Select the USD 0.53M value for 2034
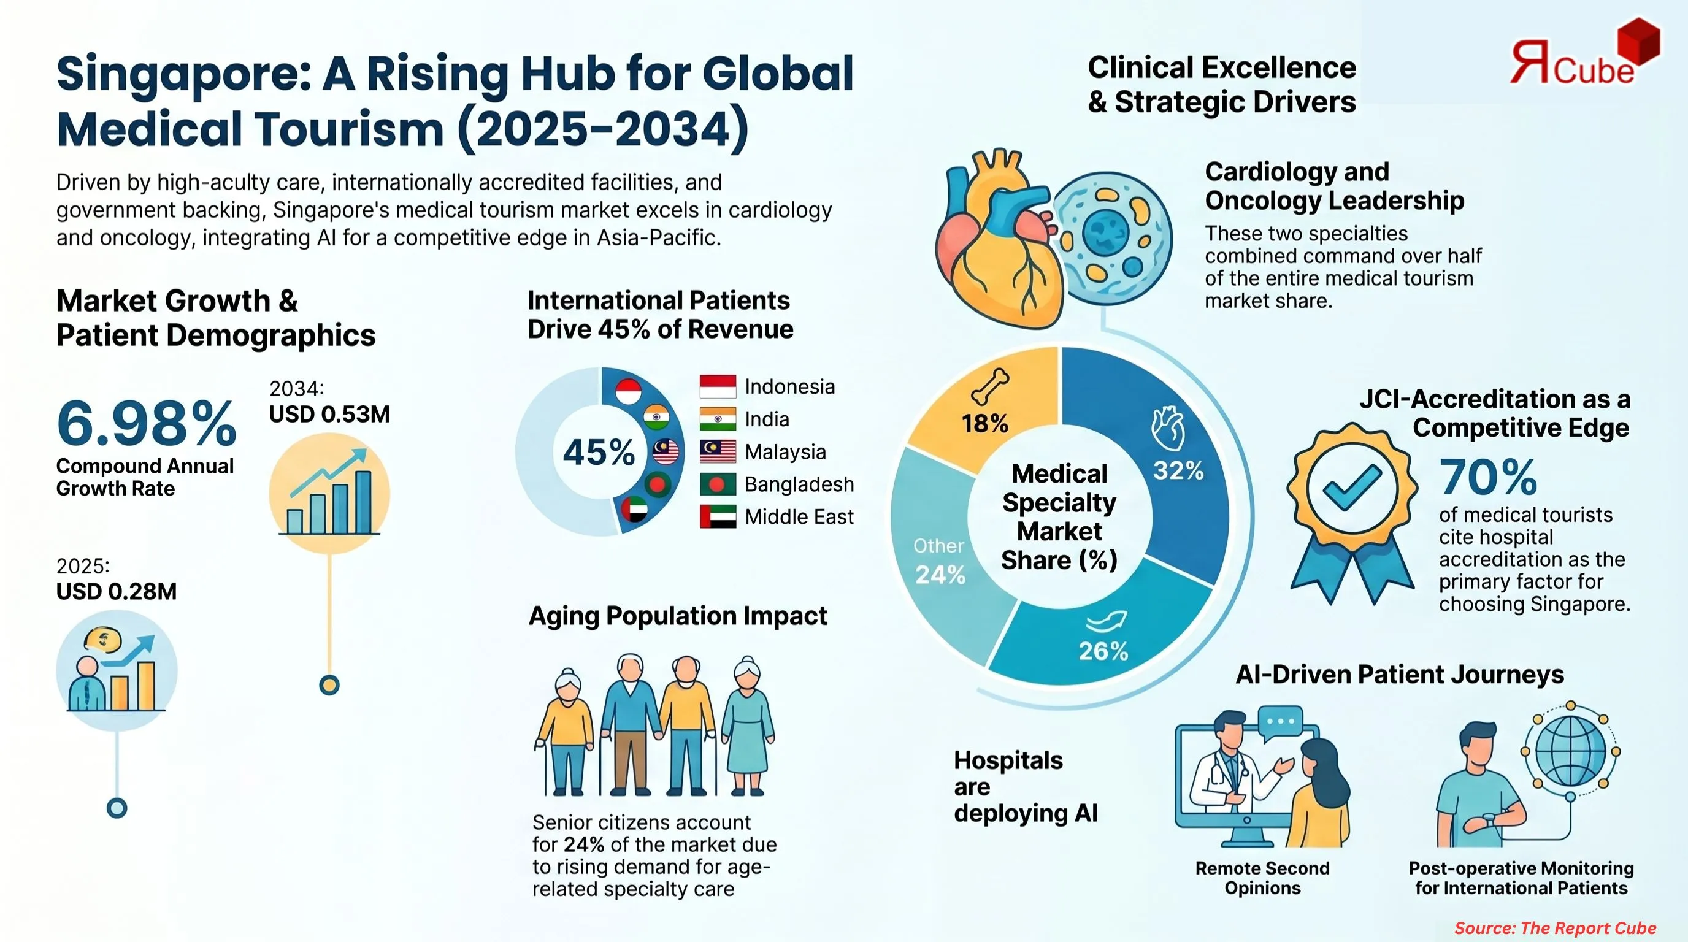click(x=329, y=414)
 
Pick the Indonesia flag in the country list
click(x=718, y=386)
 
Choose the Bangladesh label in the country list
click(x=799, y=484)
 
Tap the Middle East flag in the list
click(x=718, y=516)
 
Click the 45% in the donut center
click(x=598, y=452)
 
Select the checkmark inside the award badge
click(x=1351, y=488)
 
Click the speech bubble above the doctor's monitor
click(x=1281, y=722)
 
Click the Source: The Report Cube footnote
click(x=1554, y=928)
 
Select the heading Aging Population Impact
click(x=678, y=616)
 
